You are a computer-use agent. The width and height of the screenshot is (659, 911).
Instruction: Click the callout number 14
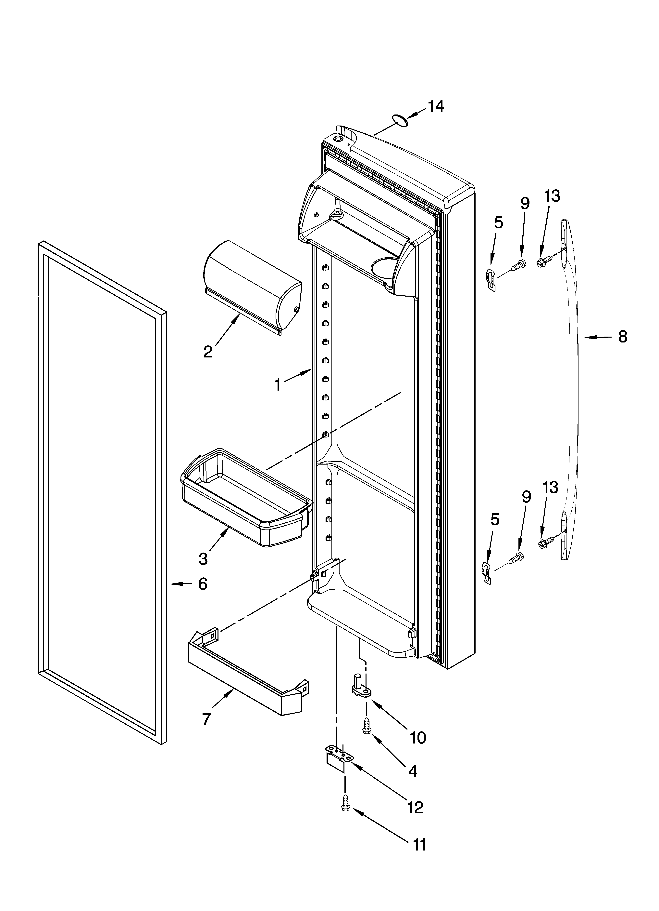[x=435, y=106]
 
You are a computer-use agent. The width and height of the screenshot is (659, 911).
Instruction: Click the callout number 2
[x=208, y=352]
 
